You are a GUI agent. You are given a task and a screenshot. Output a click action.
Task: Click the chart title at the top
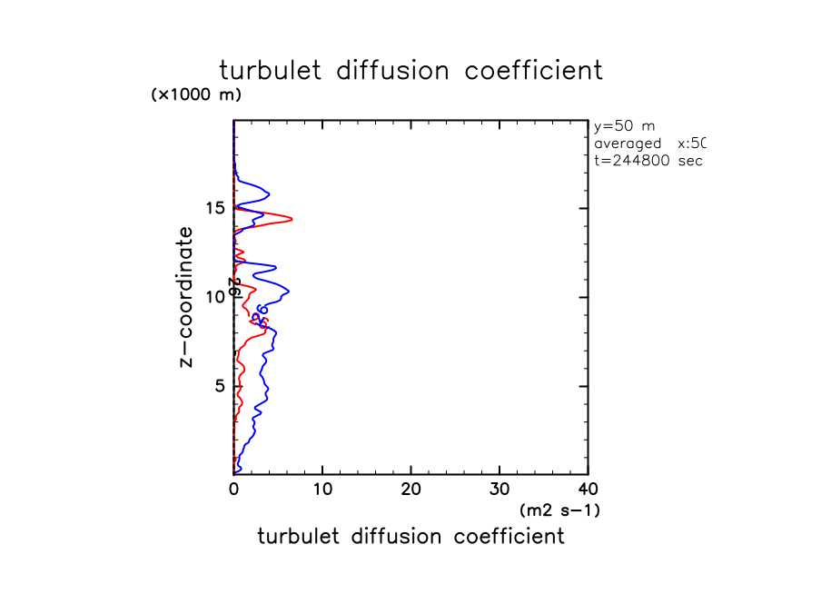click(x=410, y=70)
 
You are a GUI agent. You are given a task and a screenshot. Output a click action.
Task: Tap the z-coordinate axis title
click(x=187, y=297)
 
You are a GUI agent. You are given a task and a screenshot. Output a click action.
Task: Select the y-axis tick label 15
click(x=214, y=209)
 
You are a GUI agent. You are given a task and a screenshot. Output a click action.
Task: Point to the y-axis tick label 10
click(x=214, y=298)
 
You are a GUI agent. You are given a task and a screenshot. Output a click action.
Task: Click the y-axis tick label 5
click(x=219, y=387)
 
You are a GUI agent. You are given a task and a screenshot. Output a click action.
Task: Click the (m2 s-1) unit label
click(x=559, y=510)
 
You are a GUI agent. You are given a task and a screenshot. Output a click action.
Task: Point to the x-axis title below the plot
click(x=410, y=537)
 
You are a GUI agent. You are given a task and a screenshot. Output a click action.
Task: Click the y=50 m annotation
click(x=623, y=126)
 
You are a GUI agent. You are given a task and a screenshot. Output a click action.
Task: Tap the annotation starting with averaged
click(x=649, y=144)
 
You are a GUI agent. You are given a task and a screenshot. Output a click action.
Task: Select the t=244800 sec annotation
click(x=648, y=161)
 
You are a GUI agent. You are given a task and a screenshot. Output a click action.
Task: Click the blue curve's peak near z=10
click(x=289, y=291)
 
